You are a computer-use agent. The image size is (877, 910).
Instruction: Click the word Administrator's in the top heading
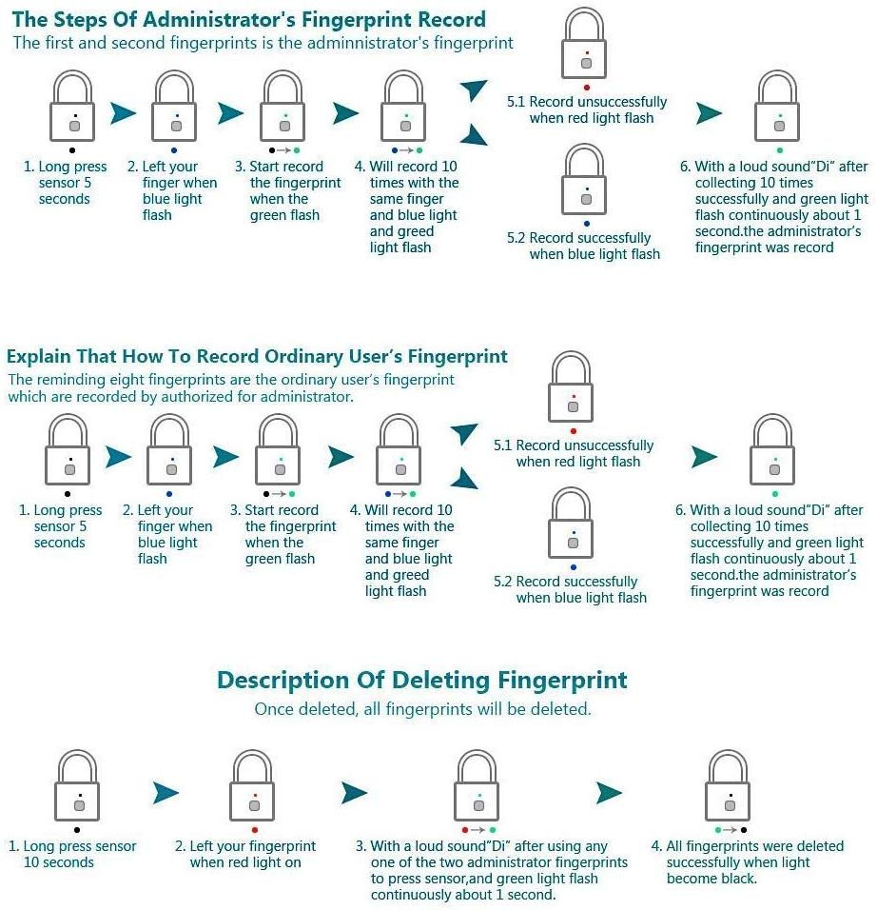(219, 20)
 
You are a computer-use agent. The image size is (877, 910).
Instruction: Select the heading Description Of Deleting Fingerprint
(422, 681)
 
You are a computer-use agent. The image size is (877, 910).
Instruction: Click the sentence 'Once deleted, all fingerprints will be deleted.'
(423, 709)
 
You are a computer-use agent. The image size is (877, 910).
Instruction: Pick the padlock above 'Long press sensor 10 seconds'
(77, 785)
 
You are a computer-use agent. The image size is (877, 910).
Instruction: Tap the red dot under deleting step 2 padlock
(255, 830)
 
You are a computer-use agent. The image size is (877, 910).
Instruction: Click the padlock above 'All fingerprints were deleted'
(728, 785)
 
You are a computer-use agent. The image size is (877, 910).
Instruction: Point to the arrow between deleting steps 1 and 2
(166, 793)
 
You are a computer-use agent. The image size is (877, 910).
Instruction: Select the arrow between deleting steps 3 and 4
(609, 793)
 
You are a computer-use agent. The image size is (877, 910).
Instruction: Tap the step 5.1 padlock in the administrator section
(584, 44)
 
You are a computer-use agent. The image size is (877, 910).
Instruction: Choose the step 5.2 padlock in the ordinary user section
(571, 523)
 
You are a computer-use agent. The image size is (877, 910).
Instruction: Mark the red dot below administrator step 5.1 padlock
(587, 88)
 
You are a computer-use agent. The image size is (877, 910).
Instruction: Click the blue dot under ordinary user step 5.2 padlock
(574, 567)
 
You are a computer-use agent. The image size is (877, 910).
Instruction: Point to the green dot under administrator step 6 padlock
(780, 150)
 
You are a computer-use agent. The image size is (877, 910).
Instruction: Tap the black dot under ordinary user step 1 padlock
(68, 494)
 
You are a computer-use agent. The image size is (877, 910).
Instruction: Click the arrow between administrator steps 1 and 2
(123, 113)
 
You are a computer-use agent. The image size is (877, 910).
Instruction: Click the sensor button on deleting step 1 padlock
(80, 805)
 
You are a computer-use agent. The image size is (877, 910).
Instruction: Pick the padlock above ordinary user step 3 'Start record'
(279, 449)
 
